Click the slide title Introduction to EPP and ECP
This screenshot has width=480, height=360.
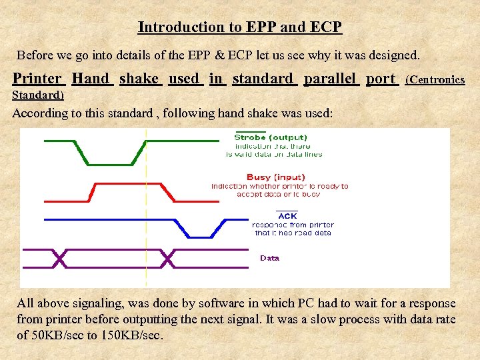[x=239, y=27]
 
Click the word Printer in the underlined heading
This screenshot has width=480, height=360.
[x=37, y=79]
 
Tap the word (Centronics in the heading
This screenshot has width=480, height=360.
[x=435, y=80]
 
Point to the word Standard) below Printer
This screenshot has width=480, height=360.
[x=38, y=95]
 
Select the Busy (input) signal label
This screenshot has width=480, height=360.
[x=275, y=177]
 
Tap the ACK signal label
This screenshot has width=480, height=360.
[x=287, y=216]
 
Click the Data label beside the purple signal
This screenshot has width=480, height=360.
[x=269, y=258]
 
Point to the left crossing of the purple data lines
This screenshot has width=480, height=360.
[x=60, y=259]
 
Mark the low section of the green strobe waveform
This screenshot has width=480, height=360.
[x=113, y=163]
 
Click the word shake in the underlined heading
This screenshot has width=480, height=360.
[x=139, y=79]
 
